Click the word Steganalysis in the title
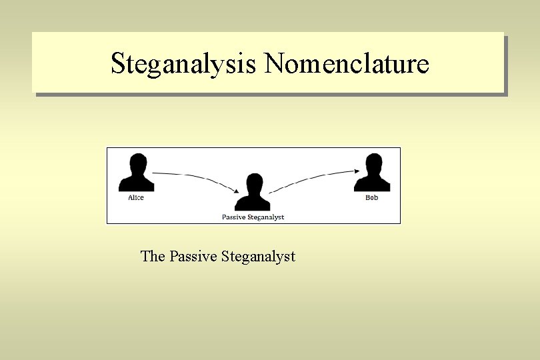pyautogui.click(x=184, y=64)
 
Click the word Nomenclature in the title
pyautogui.click(x=347, y=63)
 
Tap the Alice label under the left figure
pyautogui.click(x=136, y=198)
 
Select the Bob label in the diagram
pyautogui.click(x=371, y=198)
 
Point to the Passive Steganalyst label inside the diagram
pyautogui.click(x=253, y=217)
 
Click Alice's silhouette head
pyautogui.click(x=138, y=163)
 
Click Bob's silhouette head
pyautogui.click(x=374, y=163)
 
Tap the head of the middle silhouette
pyautogui.click(x=254, y=183)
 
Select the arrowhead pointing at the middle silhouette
pyautogui.click(x=236, y=191)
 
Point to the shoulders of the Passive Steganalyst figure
pyautogui.click(x=254, y=203)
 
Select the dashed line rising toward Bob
pyautogui.click(x=313, y=178)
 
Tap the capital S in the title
pyautogui.click(x=118, y=63)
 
